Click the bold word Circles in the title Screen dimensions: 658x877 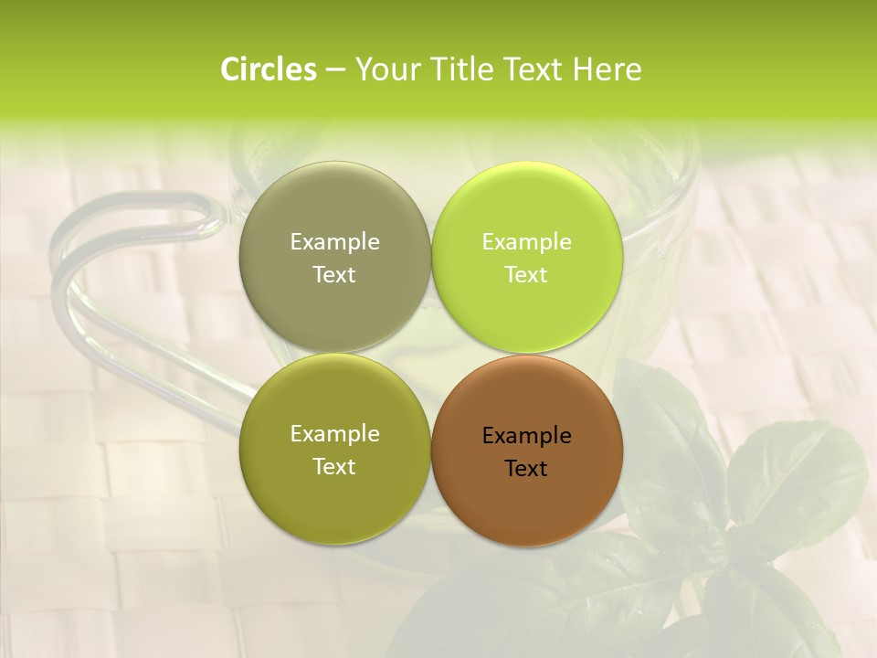point(269,69)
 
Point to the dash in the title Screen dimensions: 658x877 point(335,69)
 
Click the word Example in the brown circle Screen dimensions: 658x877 point(526,436)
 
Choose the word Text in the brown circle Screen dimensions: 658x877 point(526,469)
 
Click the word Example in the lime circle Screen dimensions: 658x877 point(526,242)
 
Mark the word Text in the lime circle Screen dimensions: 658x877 point(526,275)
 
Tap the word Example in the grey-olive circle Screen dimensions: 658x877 point(334,242)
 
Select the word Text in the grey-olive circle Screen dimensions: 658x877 point(334,275)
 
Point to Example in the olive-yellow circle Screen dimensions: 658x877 point(334,434)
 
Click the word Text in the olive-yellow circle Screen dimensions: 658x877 point(334,467)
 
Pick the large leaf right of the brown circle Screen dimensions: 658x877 point(795,475)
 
